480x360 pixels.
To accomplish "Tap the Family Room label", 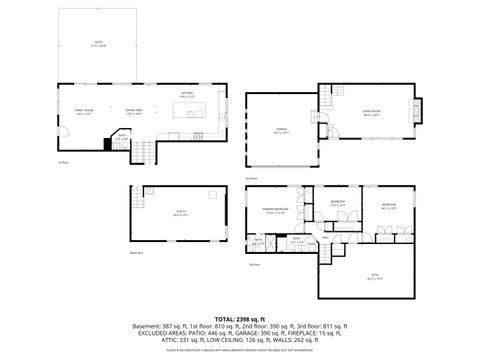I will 84,111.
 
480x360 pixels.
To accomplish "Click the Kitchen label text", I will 186,93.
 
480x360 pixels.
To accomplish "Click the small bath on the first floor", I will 121,137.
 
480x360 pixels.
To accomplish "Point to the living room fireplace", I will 418,109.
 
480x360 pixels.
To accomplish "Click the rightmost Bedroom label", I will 389,206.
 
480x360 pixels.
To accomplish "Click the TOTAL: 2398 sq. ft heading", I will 239,317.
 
